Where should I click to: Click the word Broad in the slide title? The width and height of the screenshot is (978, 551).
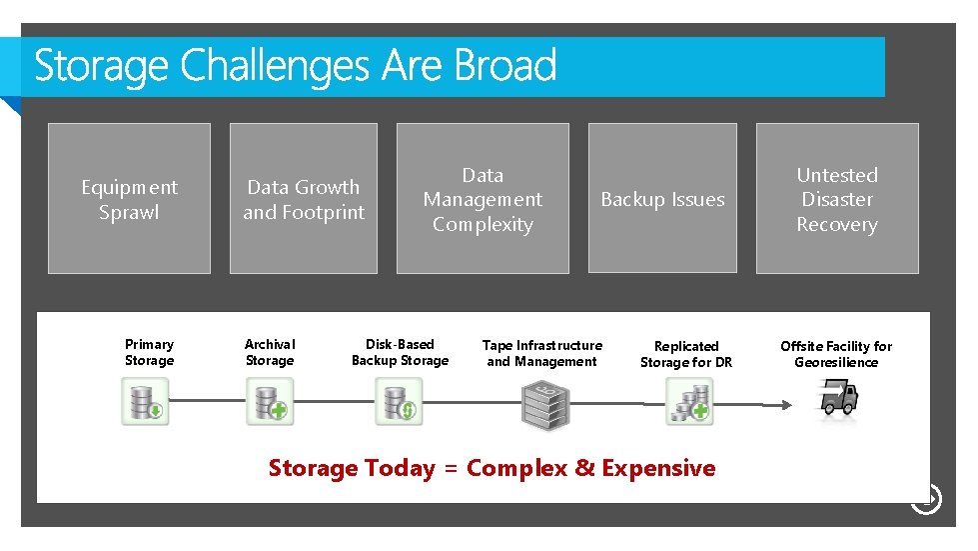[x=504, y=67]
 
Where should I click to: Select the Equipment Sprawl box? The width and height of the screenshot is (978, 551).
[x=129, y=199]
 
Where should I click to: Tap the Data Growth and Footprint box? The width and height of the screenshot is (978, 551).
[x=304, y=199]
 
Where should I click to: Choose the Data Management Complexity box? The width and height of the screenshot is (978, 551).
[x=483, y=199]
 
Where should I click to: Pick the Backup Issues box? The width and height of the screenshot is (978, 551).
[x=662, y=199]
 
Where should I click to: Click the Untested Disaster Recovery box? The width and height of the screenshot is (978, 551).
[x=836, y=199]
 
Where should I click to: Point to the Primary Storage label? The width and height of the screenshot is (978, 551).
[x=149, y=352]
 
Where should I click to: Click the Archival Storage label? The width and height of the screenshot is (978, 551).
[x=270, y=352]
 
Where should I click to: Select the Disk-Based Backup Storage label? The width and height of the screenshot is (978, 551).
[x=400, y=352]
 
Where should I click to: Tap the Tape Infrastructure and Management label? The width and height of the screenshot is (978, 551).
[x=541, y=353]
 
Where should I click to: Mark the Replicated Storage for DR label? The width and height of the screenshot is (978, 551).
[x=686, y=354]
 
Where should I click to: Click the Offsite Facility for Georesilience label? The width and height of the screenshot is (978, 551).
[x=836, y=354]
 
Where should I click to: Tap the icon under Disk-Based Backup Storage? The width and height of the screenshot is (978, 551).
[x=399, y=402]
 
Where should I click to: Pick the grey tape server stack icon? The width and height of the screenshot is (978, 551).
[x=544, y=404]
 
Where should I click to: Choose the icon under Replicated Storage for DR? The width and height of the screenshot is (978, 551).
[x=689, y=402]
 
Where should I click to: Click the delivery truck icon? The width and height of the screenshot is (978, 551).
[x=837, y=398]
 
